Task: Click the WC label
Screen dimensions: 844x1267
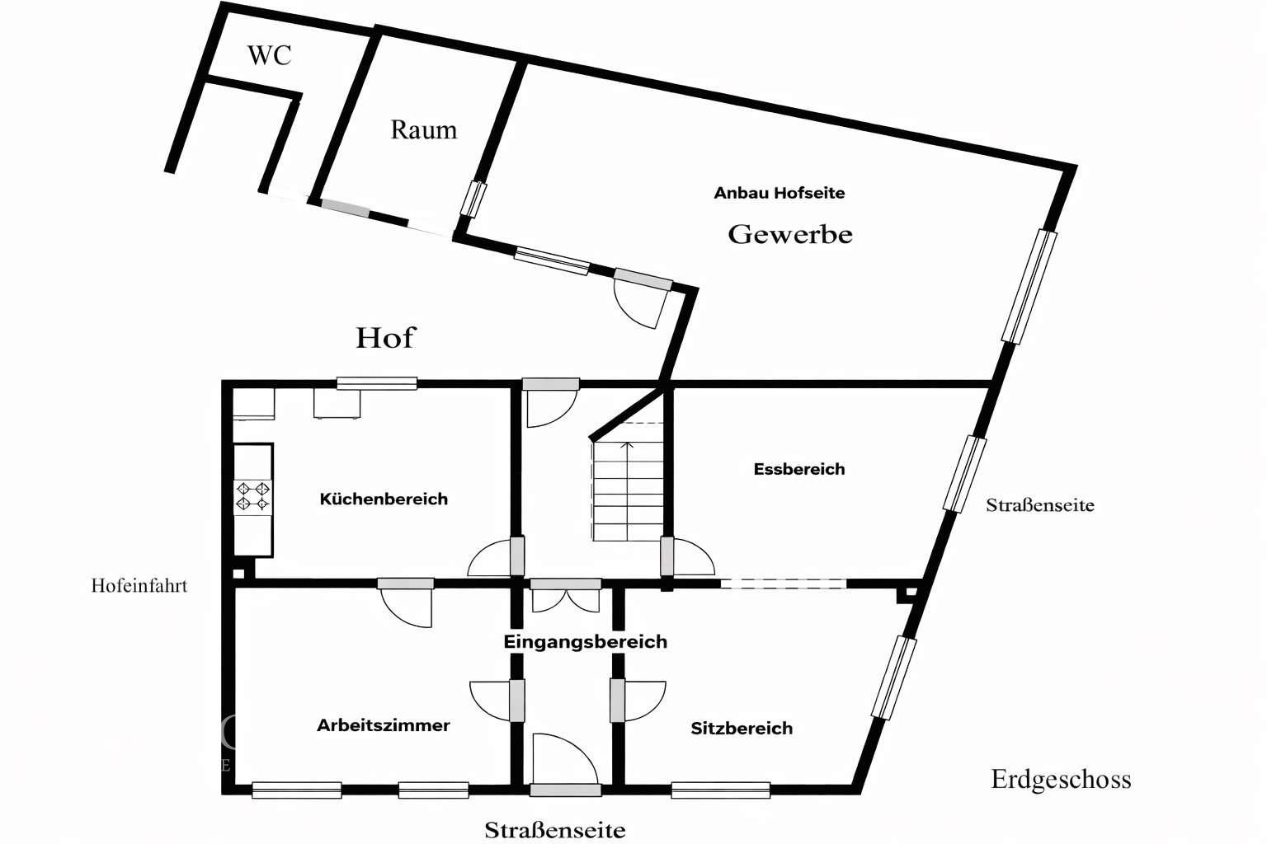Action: (269, 55)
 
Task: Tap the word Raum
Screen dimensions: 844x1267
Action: (423, 129)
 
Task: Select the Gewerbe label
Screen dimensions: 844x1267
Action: (789, 234)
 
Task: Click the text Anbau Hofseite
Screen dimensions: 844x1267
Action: (779, 193)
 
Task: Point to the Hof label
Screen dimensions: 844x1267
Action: (385, 337)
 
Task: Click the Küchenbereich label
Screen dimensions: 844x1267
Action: (384, 499)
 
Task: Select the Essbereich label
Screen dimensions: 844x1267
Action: (798, 469)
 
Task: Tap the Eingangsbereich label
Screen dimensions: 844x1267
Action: (585, 641)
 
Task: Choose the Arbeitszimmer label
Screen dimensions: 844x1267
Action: (384, 725)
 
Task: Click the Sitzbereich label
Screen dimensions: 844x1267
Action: (742, 728)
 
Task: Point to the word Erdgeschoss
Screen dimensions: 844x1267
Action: (1061, 779)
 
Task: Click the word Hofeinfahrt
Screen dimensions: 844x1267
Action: (139, 585)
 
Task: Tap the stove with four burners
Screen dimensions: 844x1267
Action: (253, 496)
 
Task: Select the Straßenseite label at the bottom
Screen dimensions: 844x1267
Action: (554, 830)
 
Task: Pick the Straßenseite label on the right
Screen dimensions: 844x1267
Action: (1040, 505)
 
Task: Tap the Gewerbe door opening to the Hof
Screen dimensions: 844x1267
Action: (641, 300)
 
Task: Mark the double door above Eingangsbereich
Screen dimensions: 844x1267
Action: (566, 597)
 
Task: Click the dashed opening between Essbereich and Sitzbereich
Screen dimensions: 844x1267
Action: (783, 584)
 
